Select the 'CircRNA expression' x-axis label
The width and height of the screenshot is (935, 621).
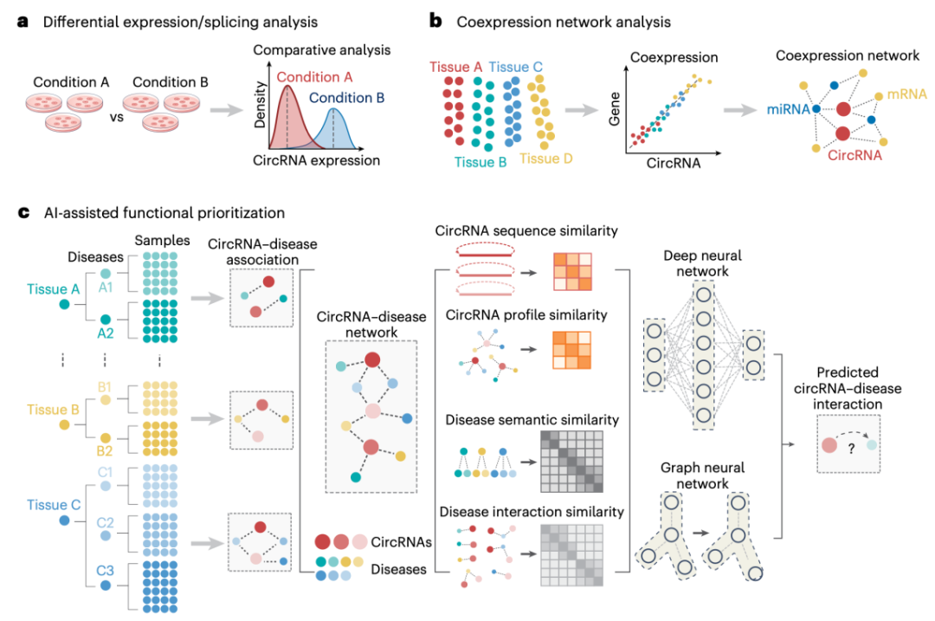click(x=316, y=160)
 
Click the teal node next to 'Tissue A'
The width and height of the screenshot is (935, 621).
click(x=64, y=304)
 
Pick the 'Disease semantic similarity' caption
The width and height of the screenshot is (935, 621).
click(x=532, y=420)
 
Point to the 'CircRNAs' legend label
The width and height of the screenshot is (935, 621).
click(x=402, y=542)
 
